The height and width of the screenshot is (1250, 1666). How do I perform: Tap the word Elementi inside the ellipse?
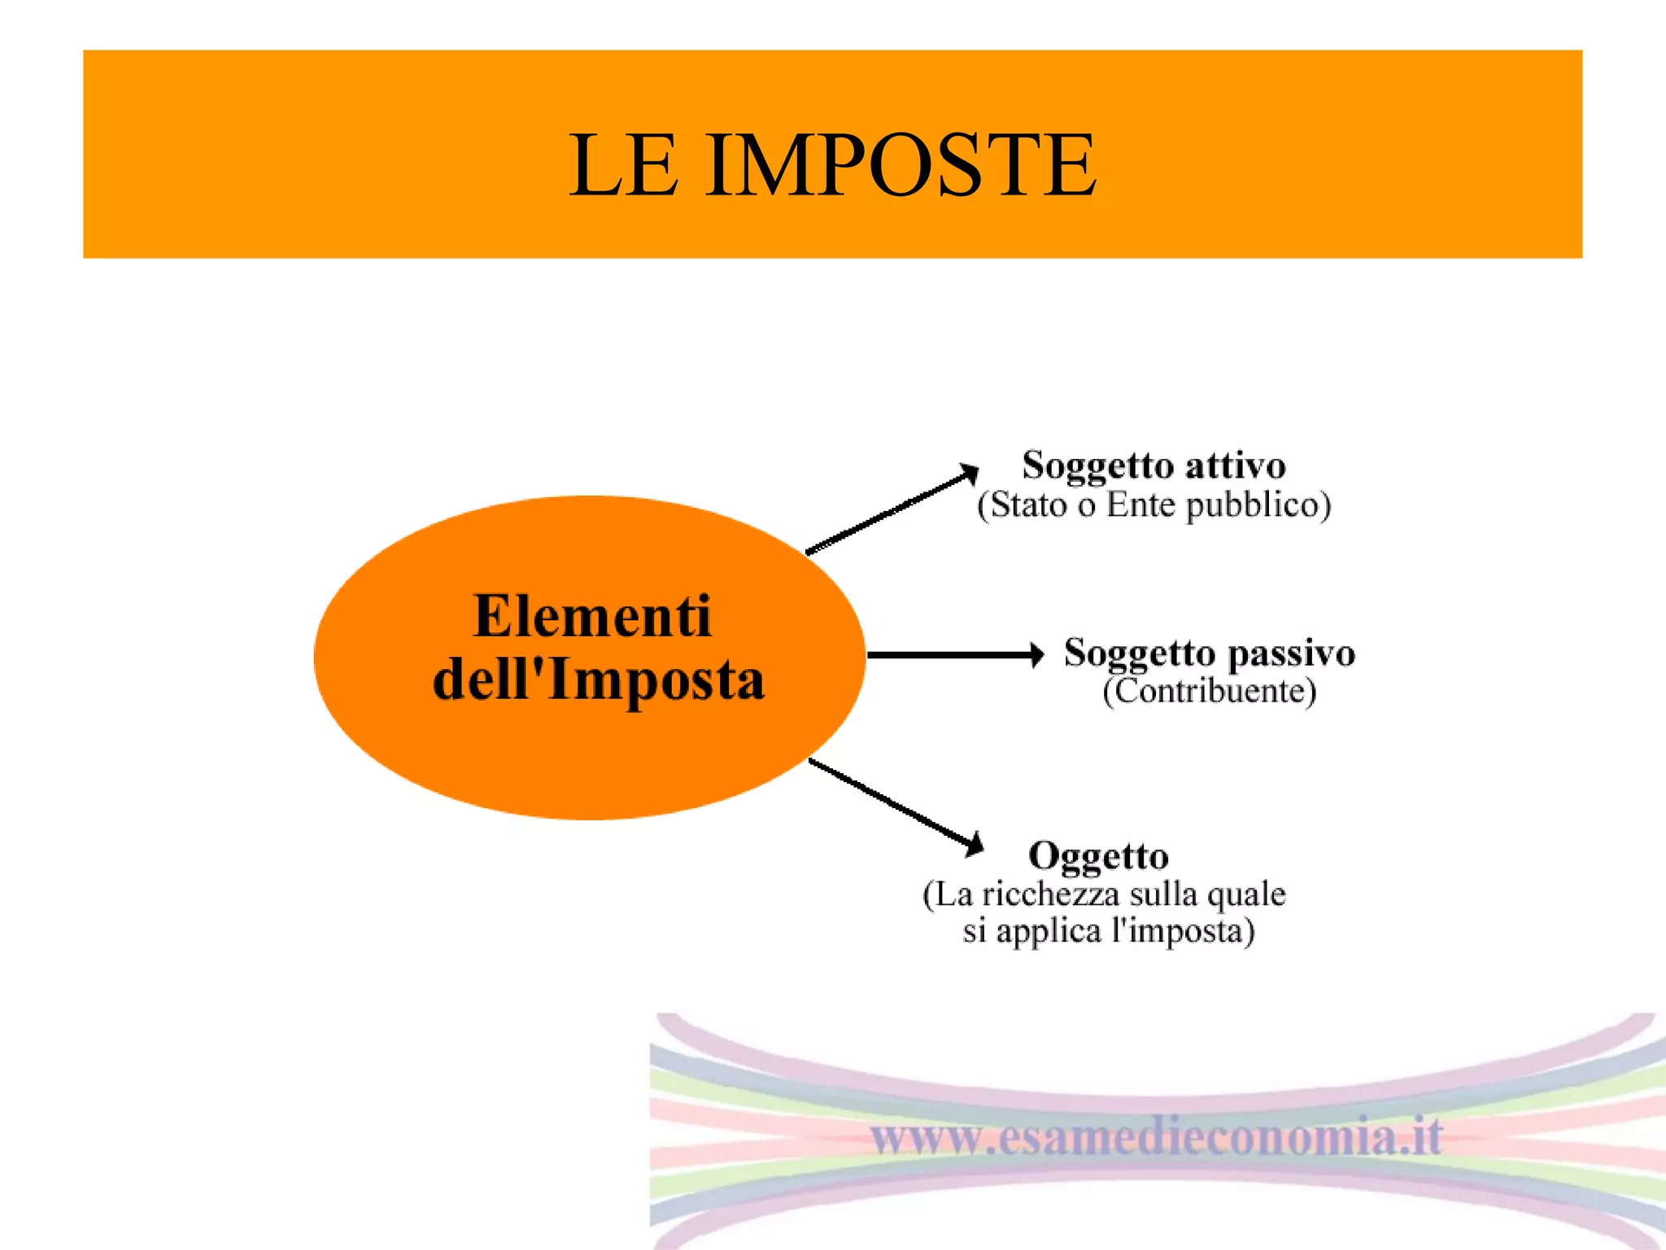(592, 616)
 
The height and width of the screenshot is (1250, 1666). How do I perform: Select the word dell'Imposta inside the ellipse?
(599, 680)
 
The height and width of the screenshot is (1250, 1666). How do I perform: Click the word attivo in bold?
(1235, 465)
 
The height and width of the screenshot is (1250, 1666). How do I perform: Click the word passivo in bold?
(1291, 653)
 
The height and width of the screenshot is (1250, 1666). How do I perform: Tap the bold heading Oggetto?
(1098, 856)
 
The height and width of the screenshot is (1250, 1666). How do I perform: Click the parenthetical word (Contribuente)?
(1210, 692)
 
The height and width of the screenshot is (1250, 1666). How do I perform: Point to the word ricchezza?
(1051, 894)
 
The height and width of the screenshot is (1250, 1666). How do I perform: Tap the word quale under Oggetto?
(1246, 894)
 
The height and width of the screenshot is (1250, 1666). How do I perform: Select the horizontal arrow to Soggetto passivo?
(955, 654)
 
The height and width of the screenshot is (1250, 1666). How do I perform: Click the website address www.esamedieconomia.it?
(1157, 1137)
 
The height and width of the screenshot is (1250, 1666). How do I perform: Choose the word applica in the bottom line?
(1049, 930)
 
